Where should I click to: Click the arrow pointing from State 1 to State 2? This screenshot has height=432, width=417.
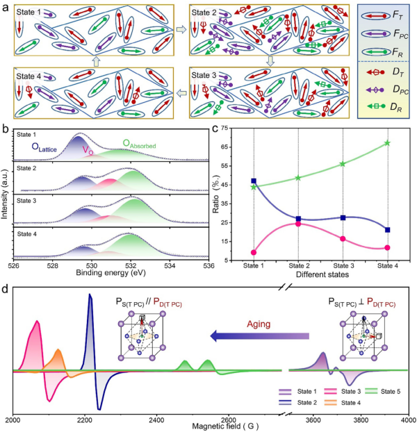tap(180, 31)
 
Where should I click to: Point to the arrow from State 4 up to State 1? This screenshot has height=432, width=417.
tap(98, 61)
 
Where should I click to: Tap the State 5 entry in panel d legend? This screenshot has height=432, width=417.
tap(390, 391)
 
